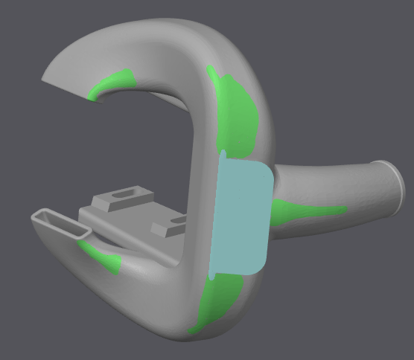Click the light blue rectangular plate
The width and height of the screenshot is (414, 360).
pos(240,216)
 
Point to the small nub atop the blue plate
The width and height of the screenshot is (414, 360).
pos(221,155)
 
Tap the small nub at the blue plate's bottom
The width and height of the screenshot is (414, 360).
pos(211,277)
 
